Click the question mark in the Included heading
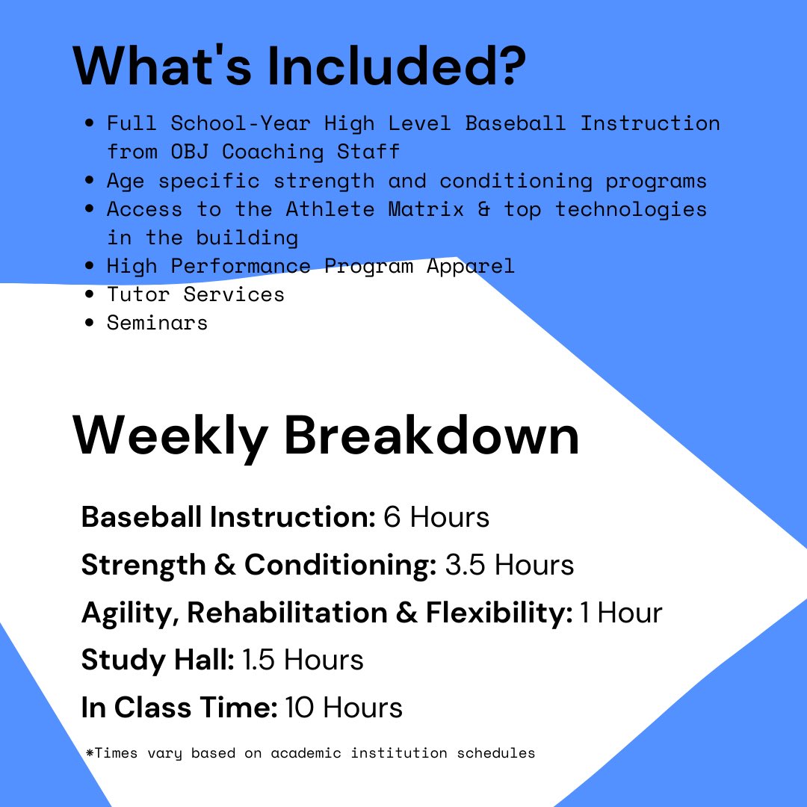click(x=510, y=65)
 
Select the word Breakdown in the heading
click(x=432, y=435)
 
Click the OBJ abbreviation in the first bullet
click(x=189, y=152)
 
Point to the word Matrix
click(x=426, y=209)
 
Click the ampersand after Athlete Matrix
click(x=483, y=209)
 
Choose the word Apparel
click(x=471, y=267)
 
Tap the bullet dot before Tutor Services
click(x=90, y=294)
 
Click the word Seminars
click(x=157, y=324)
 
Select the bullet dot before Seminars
click(x=90, y=323)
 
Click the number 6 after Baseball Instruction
click(x=392, y=517)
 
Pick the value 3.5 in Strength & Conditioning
click(x=465, y=565)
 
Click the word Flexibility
click(x=498, y=613)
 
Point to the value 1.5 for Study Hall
click(x=259, y=660)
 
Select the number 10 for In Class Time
click(x=299, y=708)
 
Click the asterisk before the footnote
click(x=90, y=753)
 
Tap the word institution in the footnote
click(x=399, y=753)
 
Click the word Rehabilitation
click(x=287, y=613)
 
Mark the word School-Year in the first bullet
click(x=241, y=123)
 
